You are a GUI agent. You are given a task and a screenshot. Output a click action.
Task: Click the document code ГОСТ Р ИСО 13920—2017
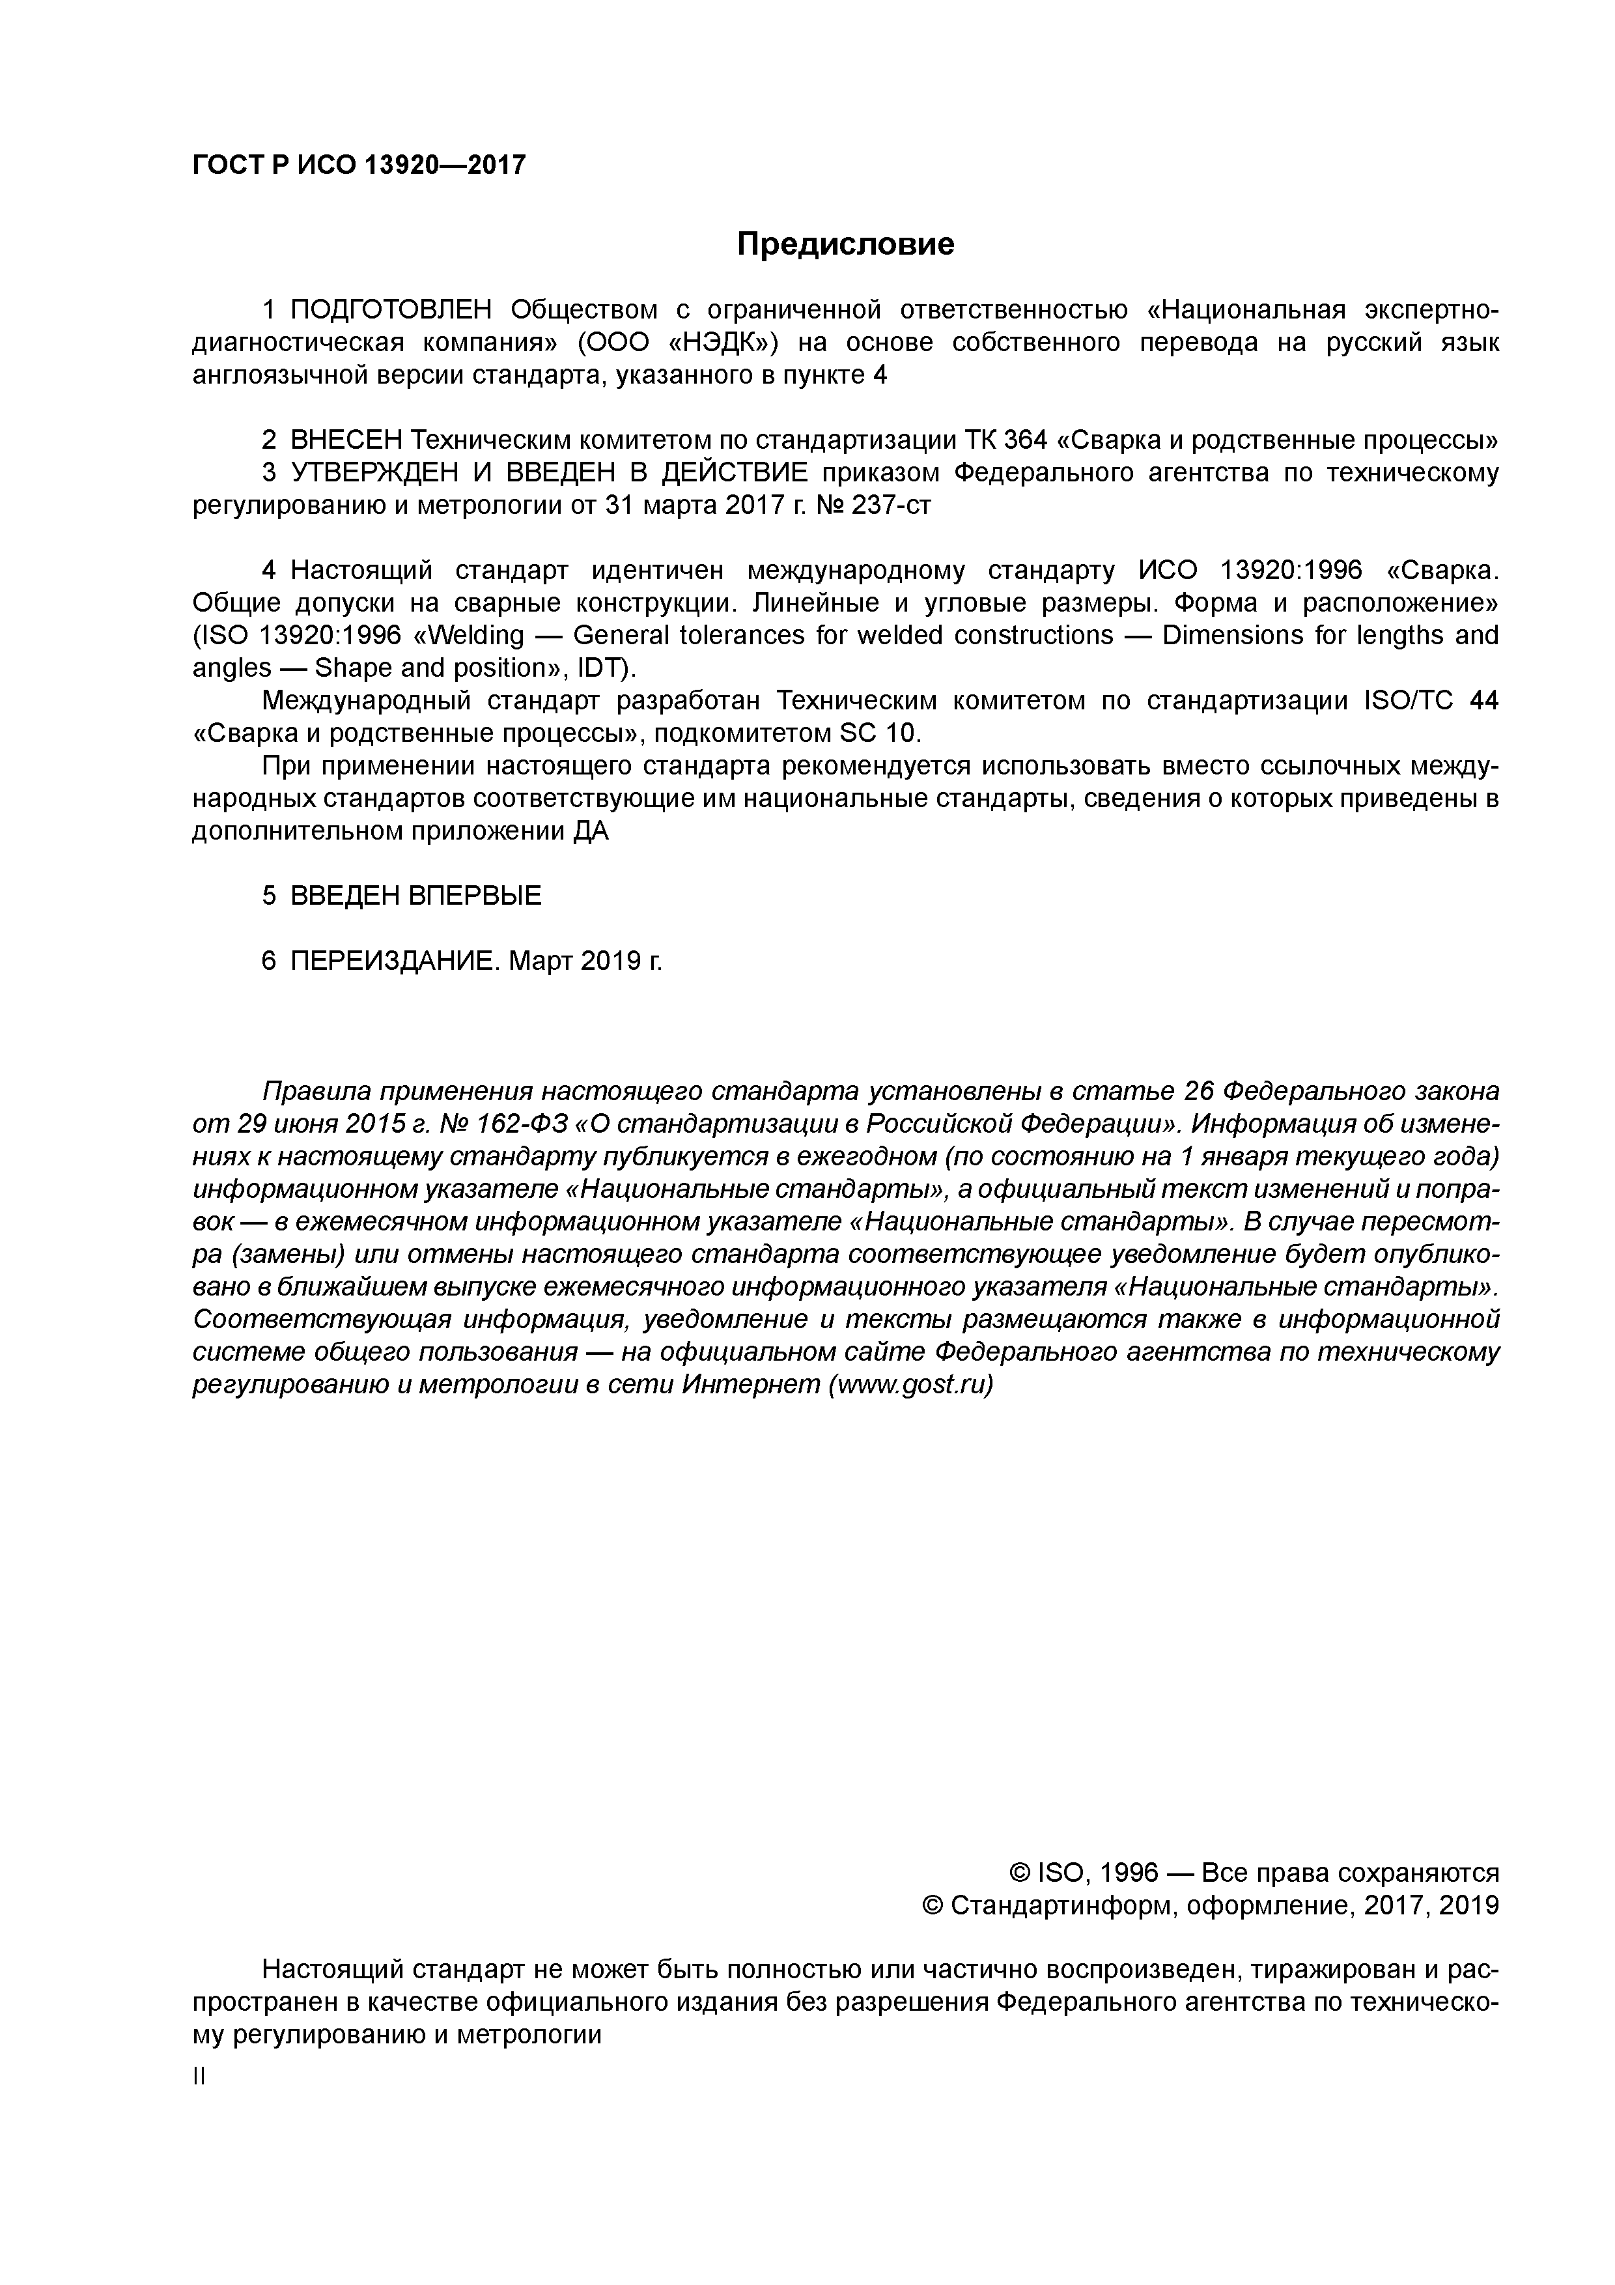point(358,164)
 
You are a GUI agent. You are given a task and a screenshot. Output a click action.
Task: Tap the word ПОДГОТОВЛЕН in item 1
point(391,309)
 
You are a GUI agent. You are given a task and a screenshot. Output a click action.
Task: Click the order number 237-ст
point(892,505)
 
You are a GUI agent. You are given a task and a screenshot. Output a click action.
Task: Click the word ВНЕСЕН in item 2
point(346,440)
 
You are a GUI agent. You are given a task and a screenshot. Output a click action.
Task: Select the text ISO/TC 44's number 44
point(1483,702)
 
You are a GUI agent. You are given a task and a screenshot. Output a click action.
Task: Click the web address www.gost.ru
point(910,1385)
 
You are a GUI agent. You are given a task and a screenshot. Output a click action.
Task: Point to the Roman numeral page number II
point(198,2077)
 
